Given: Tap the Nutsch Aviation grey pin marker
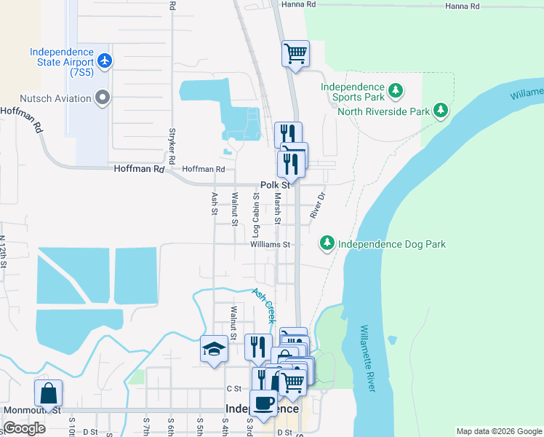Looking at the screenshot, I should point(102,98).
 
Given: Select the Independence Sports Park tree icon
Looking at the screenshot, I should point(395,91).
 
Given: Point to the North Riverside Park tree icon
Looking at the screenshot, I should point(439,111).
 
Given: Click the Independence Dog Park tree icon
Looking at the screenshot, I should point(327,243).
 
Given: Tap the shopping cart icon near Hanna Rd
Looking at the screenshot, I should point(296,53).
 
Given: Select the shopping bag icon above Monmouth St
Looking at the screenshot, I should point(48,393).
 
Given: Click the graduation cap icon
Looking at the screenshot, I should point(215,349).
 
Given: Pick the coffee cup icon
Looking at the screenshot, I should point(264,401).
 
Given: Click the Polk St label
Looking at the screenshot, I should point(276,186).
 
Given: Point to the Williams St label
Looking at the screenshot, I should point(270,245).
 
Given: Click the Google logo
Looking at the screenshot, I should point(23,428).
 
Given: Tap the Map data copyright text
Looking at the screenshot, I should point(498,431).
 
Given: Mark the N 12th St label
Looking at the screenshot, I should point(3,252).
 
